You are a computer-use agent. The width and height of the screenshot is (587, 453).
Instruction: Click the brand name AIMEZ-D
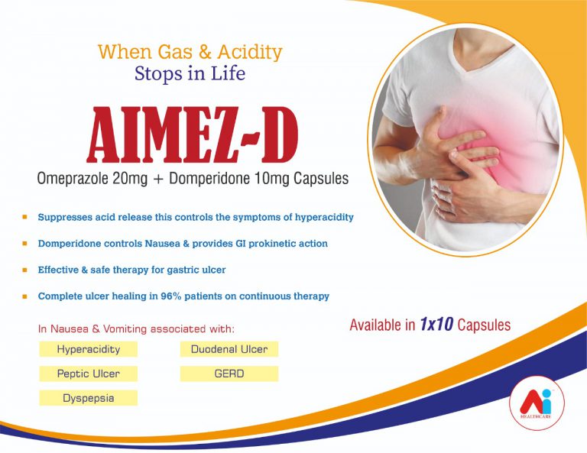point(192,135)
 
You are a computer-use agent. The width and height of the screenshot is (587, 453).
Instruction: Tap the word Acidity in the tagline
point(250,53)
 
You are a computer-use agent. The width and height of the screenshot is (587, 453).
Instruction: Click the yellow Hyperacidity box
point(89,349)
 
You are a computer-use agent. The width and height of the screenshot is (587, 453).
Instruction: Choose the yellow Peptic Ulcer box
point(89,374)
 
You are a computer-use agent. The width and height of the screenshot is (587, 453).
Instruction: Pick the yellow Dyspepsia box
point(89,398)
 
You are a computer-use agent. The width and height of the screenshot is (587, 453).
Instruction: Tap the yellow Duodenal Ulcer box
point(229,349)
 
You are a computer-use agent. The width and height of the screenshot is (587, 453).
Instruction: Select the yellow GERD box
point(229,374)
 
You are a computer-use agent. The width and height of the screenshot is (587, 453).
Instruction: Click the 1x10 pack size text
point(436,324)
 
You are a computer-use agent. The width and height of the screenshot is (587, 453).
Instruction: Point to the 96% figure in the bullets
point(171,296)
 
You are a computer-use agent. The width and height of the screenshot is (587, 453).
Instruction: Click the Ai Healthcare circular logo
point(537,403)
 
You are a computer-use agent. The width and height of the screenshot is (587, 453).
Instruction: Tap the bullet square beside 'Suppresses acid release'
point(24,217)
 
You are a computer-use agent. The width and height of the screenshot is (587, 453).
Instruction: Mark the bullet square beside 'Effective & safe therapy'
point(24,270)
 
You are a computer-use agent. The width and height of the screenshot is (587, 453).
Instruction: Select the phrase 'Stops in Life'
point(190,73)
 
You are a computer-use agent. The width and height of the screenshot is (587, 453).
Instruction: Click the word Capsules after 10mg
point(321,179)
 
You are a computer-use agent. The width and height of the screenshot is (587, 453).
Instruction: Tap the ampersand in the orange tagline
point(205,53)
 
